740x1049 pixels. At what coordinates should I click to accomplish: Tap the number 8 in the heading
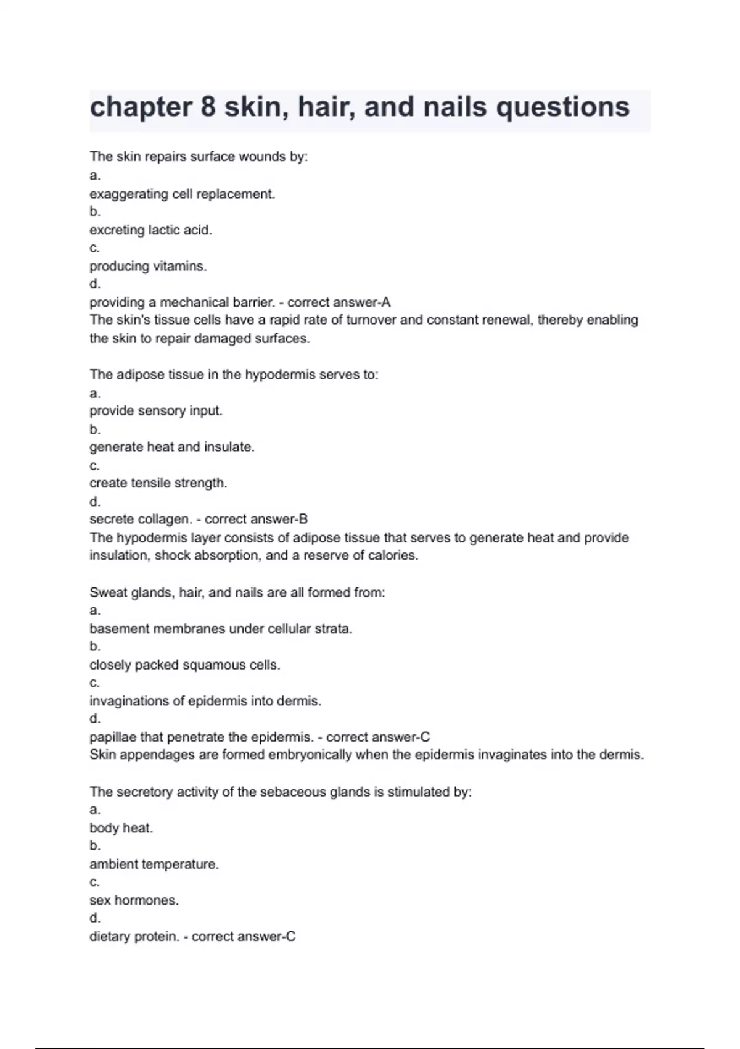pyautogui.click(x=208, y=107)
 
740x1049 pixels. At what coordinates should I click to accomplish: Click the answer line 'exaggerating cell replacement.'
pyautogui.click(x=182, y=194)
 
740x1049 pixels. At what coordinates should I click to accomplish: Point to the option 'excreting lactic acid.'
pyautogui.click(x=150, y=230)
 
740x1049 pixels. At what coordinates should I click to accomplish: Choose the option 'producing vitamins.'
pyautogui.click(x=148, y=266)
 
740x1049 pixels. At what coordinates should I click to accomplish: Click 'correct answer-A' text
pyautogui.click(x=339, y=302)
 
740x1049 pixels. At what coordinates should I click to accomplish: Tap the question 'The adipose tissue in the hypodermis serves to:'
pyautogui.click(x=234, y=375)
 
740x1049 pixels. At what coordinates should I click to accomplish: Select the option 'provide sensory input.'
pyautogui.click(x=155, y=410)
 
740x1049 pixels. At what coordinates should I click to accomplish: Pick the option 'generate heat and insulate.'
pyautogui.click(x=171, y=447)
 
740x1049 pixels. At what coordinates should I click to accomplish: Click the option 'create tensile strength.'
pyautogui.click(x=158, y=483)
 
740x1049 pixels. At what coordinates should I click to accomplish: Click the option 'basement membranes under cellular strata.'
pyautogui.click(x=221, y=629)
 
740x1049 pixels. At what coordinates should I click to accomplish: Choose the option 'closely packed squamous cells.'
pyautogui.click(x=184, y=665)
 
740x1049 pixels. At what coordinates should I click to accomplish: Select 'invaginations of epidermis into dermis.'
pyautogui.click(x=205, y=701)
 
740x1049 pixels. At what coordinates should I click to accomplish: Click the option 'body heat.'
pyautogui.click(x=121, y=828)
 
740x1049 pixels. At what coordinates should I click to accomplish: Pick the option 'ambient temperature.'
pyautogui.click(x=154, y=864)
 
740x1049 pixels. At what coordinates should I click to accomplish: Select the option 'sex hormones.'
pyautogui.click(x=134, y=900)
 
